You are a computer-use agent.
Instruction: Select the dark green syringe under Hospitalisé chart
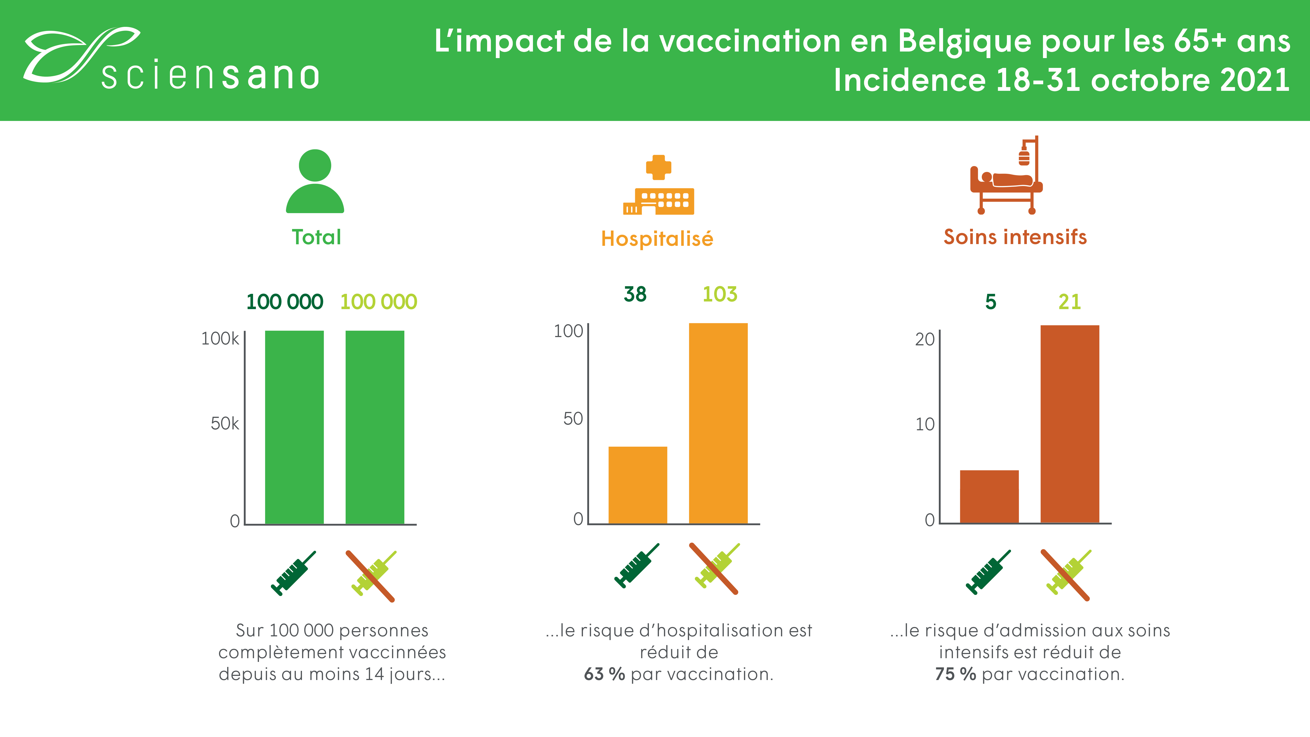637,566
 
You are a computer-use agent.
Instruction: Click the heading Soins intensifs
1015,237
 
